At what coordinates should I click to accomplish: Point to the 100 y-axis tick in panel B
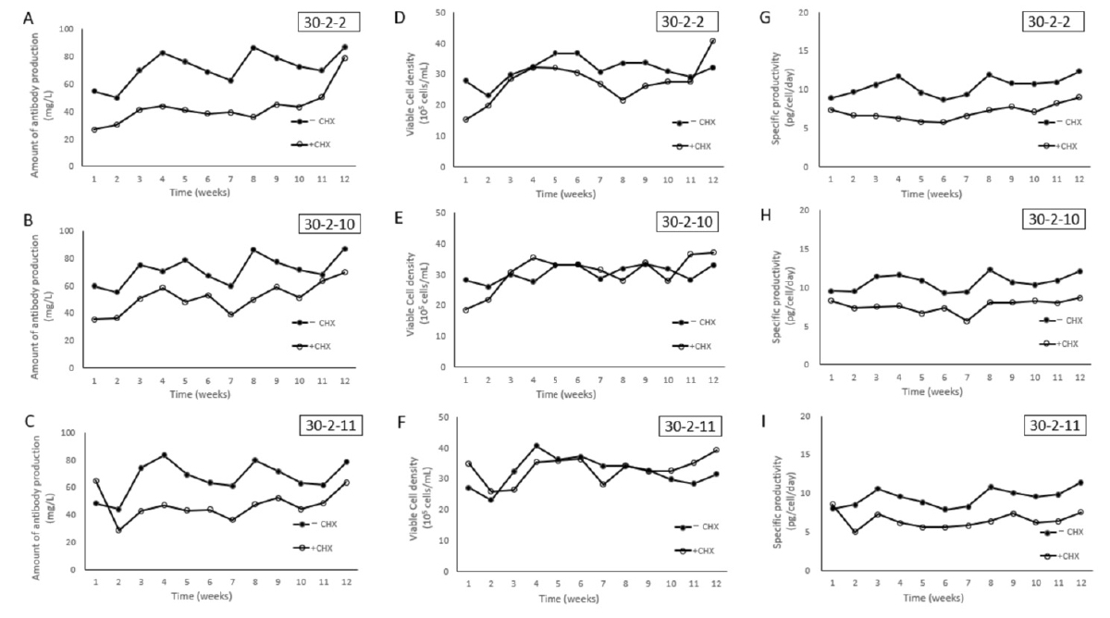point(67,231)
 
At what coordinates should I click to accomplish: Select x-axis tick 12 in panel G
point(1079,179)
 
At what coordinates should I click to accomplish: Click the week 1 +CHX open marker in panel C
point(95,481)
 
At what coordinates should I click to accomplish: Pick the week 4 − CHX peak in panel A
point(163,53)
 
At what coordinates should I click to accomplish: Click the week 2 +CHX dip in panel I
point(856,532)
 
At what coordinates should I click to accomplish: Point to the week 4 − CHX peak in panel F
point(536,446)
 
